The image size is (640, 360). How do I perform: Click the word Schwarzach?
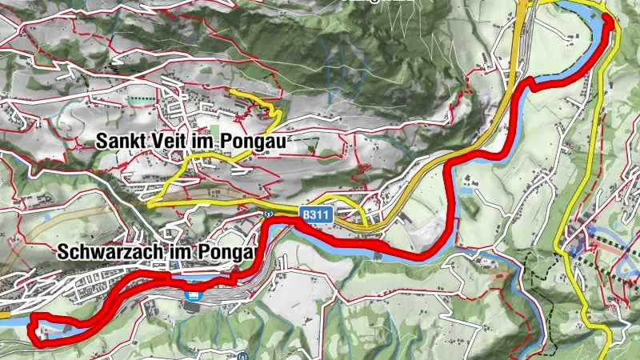click(111, 252)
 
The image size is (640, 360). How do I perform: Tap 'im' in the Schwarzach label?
click(182, 252)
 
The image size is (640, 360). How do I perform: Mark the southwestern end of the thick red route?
click(33, 326)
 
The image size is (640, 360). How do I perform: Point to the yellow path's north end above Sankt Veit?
click(232, 92)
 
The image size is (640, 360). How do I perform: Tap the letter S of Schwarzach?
click(63, 252)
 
